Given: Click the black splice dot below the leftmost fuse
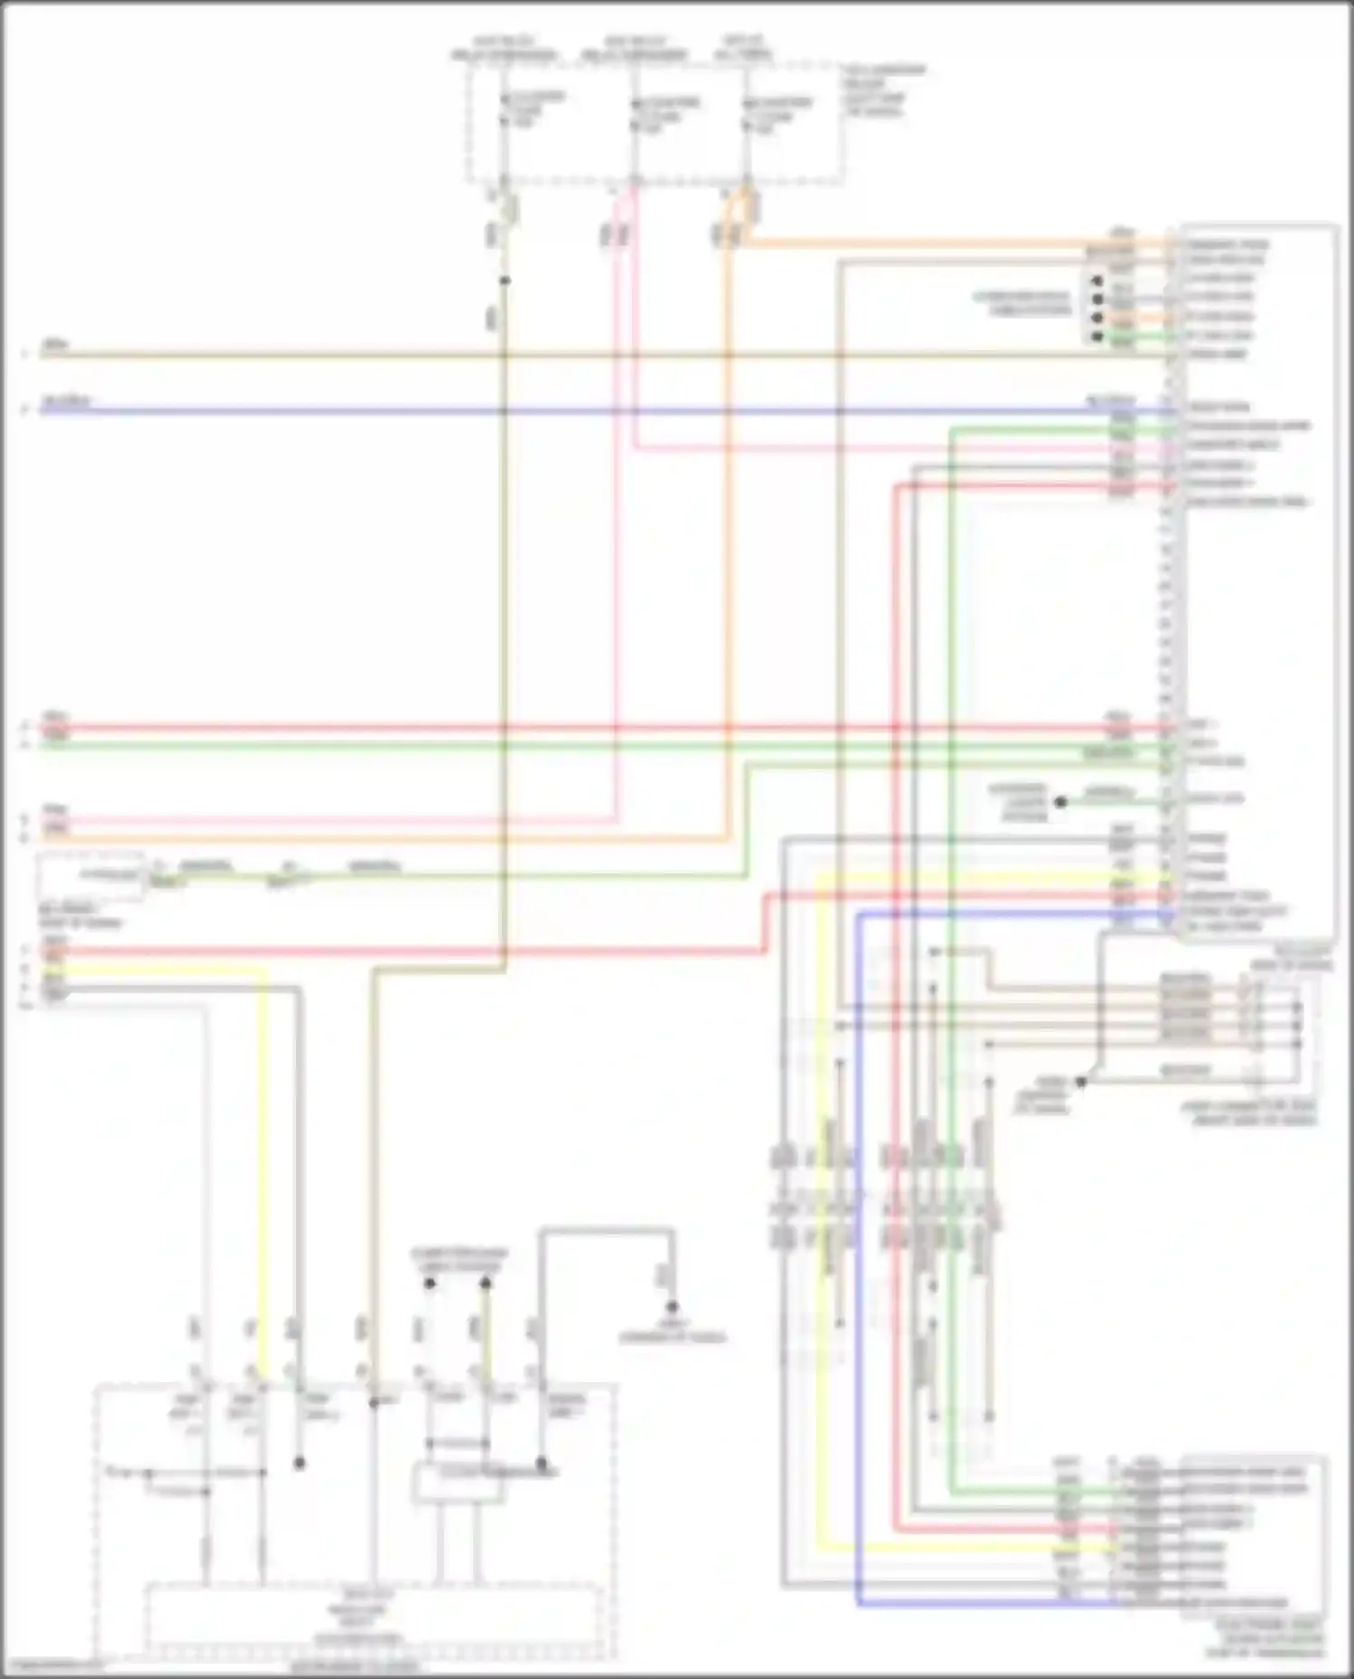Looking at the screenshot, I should [x=505, y=281].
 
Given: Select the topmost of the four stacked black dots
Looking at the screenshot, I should [x=1097, y=281].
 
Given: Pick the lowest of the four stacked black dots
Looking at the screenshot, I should [x=1097, y=337].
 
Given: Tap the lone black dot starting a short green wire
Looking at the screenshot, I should [x=1061, y=801].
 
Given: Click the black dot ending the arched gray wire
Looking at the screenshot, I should [x=672, y=1306].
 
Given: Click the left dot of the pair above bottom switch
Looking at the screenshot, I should [x=430, y=1283].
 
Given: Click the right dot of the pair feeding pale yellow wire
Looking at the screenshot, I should [x=486, y=1283].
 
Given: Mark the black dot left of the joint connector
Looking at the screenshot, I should [x=1080, y=1081].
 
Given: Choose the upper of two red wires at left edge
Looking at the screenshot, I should [x=271, y=727].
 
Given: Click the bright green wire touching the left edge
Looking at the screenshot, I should [x=271, y=746].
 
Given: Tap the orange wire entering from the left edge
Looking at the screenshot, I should [x=271, y=839].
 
